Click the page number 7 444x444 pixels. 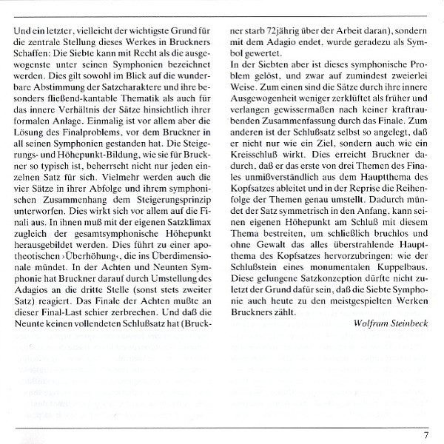426,435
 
